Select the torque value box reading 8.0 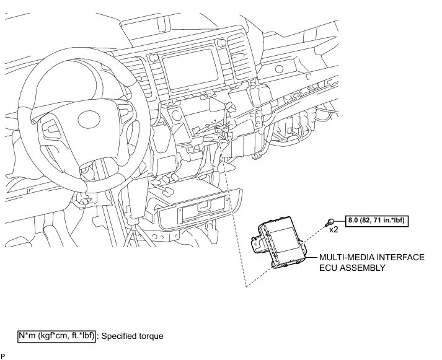(x=378, y=220)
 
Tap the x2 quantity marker (x=333, y=230)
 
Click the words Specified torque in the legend (x=132, y=336)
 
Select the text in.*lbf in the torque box (x=394, y=220)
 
